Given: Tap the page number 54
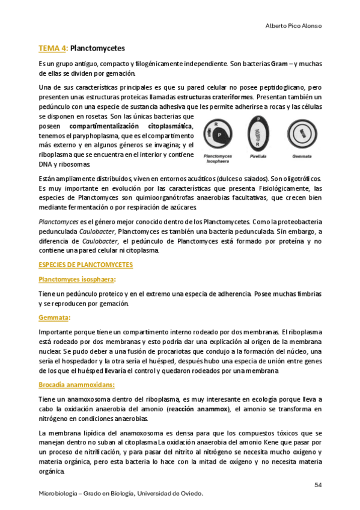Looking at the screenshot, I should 319,485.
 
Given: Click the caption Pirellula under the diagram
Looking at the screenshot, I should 258,156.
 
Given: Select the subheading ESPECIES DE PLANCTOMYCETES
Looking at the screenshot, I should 85,265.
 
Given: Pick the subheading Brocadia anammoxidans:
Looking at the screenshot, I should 77,384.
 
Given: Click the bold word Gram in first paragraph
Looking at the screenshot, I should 279,63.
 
